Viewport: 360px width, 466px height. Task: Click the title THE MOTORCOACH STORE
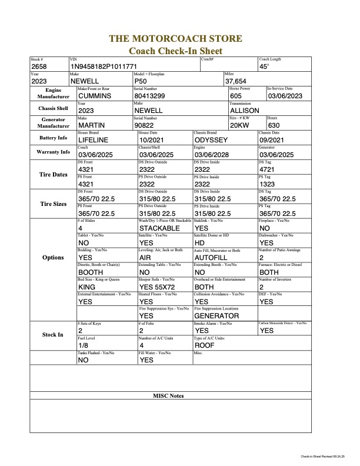[175, 39]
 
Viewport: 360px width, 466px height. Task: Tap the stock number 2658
[39, 67]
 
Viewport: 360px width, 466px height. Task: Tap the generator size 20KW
[239, 125]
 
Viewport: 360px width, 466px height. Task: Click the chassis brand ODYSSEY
[212, 139]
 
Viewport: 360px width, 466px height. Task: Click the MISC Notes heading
[168, 396]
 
